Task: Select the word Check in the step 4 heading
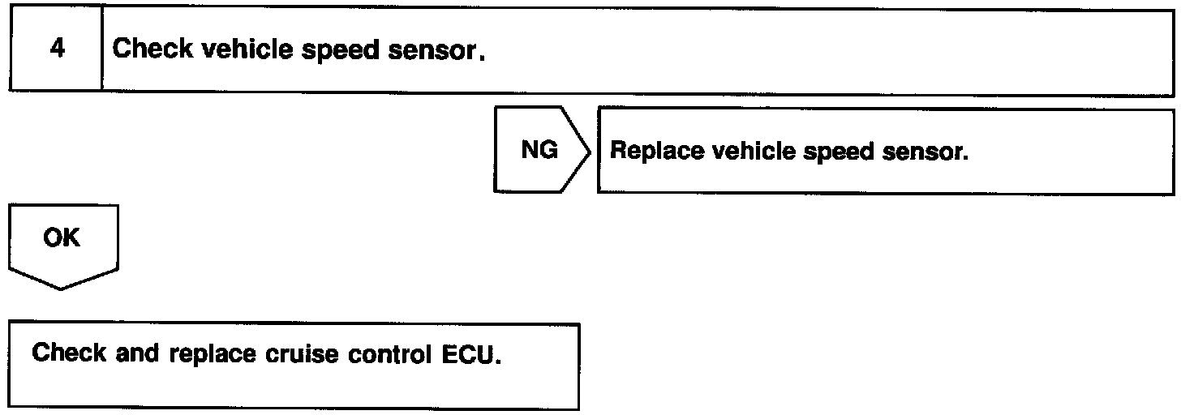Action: [152, 49]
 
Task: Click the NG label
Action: [539, 152]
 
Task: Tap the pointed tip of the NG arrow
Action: [590, 152]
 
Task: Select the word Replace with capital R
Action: [655, 152]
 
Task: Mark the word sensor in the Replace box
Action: [927, 152]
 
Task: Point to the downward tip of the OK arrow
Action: [62, 289]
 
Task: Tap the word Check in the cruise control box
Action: [69, 354]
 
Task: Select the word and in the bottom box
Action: [135, 354]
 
